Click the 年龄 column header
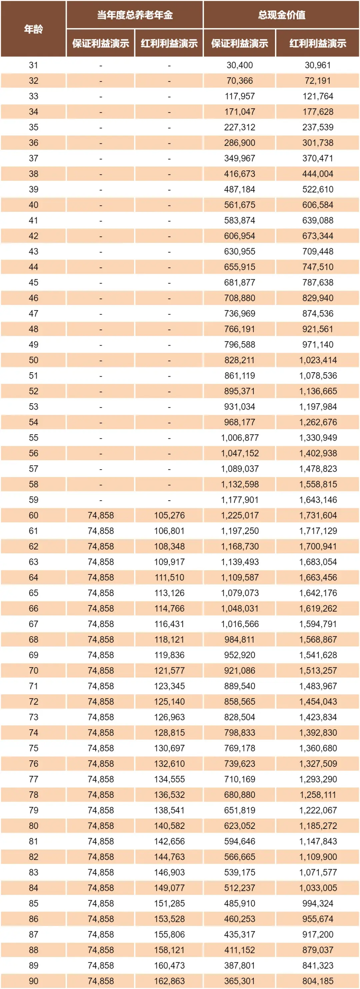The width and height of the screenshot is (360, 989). click(x=33, y=29)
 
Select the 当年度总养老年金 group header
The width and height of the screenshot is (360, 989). click(x=135, y=15)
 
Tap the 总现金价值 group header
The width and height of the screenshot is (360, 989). click(x=281, y=15)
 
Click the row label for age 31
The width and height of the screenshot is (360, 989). click(x=33, y=65)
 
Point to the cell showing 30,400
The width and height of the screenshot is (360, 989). click(x=239, y=65)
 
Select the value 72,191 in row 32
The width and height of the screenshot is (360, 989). click(x=317, y=81)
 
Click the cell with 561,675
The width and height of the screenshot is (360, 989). click(x=239, y=205)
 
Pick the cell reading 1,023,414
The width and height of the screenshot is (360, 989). click(x=317, y=360)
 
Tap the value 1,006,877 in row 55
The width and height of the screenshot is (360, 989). click(x=239, y=438)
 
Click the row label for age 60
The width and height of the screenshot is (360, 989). click(x=33, y=515)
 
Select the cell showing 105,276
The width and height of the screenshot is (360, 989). click(x=169, y=515)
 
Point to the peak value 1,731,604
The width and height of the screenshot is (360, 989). click(x=317, y=515)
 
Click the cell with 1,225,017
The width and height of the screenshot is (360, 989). click(x=239, y=515)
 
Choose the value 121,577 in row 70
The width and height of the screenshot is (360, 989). click(x=169, y=671)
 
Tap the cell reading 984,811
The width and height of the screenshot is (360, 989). click(x=239, y=640)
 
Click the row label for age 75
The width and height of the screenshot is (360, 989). click(x=33, y=748)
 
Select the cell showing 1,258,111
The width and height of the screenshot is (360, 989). click(x=317, y=795)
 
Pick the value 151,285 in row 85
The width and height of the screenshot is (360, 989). click(x=169, y=903)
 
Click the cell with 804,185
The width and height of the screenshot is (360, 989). click(x=317, y=981)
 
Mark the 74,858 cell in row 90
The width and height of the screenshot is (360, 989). click(x=101, y=981)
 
